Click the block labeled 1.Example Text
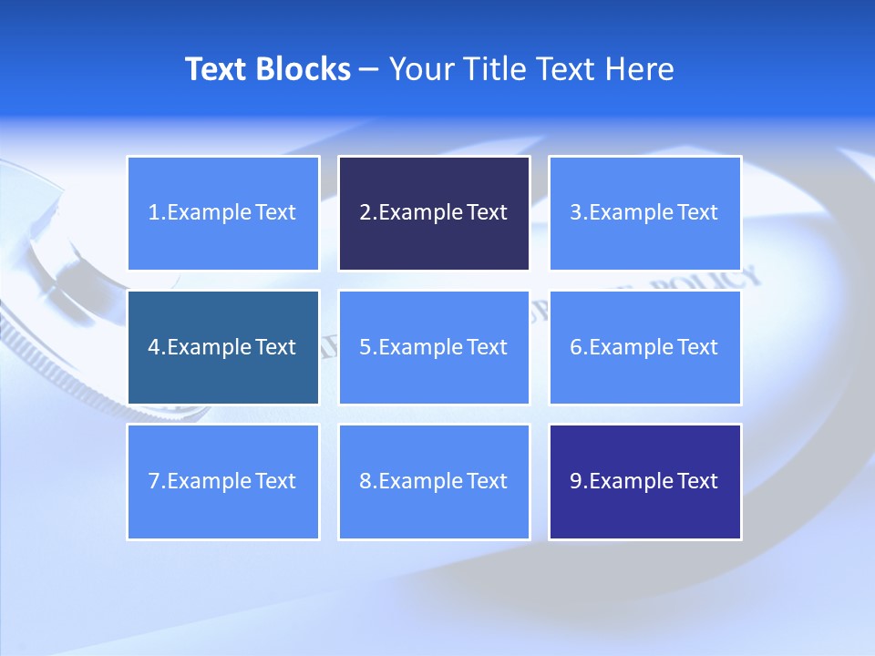click(223, 213)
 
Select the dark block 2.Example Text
click(434, 213)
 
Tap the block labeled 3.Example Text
click(644, 213)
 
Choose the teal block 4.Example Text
click(223, 347)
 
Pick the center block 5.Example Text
click(434, 347)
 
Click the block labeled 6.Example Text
click(644, 347)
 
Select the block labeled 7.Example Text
click(223, 481)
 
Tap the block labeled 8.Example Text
click(434, 481)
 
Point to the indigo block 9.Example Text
click(644, 481)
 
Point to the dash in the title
click(369, 69)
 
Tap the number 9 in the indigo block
click(576, 481)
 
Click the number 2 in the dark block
click(365, 213)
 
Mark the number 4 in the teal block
click(154, 347)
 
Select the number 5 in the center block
click(365, 347)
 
